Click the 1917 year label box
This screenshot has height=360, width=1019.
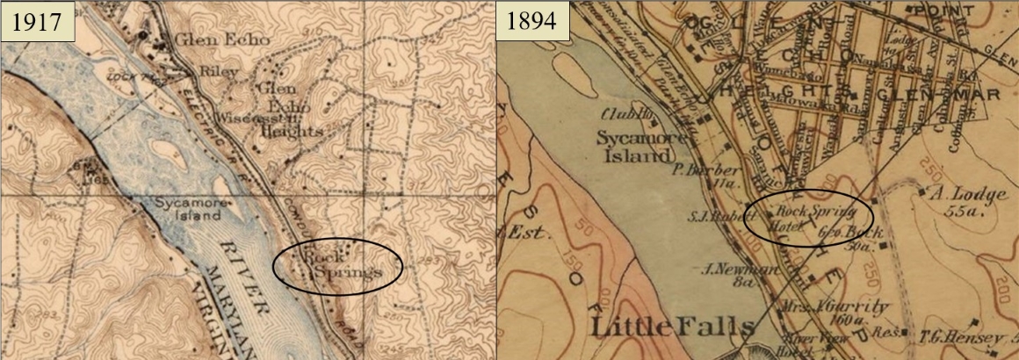click(37, 20)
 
